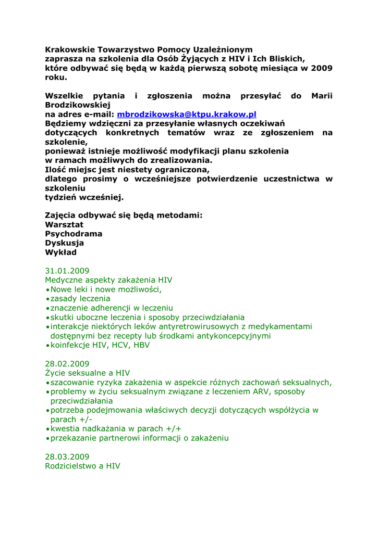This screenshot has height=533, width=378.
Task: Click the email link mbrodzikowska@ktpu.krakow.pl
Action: (187, 115)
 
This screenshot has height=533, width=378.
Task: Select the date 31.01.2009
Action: (67, 271)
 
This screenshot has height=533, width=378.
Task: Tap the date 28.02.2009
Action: (67, 363)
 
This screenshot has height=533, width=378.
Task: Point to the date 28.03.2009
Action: (67, 456)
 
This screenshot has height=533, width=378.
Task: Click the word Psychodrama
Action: (74, 234)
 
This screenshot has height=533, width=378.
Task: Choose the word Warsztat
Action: (64, 224)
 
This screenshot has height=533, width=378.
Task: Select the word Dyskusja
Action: (65, 243)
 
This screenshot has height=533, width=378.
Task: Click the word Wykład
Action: (61, 252)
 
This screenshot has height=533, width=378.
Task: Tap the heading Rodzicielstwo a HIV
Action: (82, 466)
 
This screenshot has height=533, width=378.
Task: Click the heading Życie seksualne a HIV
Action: (87, 373)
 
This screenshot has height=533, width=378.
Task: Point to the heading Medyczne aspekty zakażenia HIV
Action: (108, 280)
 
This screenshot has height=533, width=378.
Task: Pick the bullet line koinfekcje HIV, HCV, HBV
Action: (100, 345)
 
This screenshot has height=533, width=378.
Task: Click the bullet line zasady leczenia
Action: (80, 299)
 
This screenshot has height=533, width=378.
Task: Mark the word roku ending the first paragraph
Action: (55, 78)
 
